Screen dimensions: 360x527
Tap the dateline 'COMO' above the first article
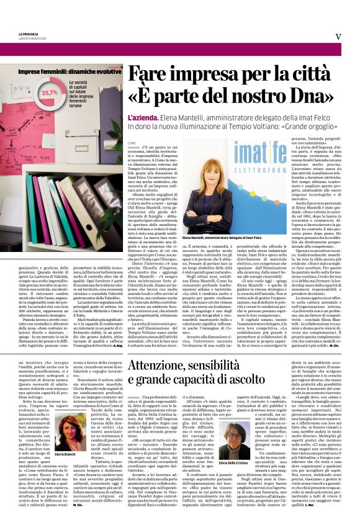tap(131, 142)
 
